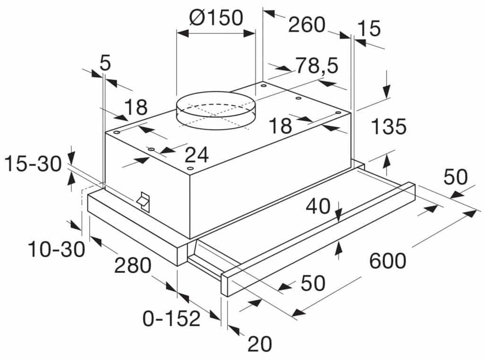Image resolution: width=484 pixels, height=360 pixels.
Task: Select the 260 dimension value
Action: pyautogui.click(x=306, y=25)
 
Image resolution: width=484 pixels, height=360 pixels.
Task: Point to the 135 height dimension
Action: pyautogui.click(x=389, y=127)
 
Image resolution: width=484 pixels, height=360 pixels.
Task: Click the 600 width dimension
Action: pyautogui.click(x=388, y=261)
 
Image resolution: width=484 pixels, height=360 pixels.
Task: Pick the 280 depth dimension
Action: pyautogui.click(x=133, y=265)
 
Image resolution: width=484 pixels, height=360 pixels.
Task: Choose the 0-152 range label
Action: pyautogui.click(x=172, y=318)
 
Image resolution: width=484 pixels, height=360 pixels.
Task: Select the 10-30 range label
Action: pyautogui.click(x=56, y=249)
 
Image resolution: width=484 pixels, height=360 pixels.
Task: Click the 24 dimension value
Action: pyautogui.click(x=197, y=154)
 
